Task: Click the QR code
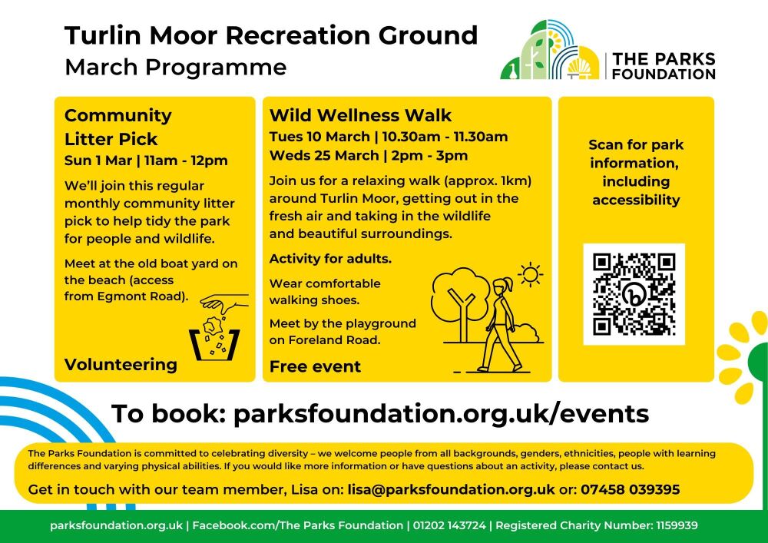(634, 293)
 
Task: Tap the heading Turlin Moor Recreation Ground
(270, 35)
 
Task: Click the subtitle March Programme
(175, 68)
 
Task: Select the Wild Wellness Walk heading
(360, 115)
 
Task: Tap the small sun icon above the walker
(530, 273)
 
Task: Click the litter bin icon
(214, 343)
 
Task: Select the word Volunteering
(121, 364)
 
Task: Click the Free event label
(315, 366)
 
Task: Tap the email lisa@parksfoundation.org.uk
(451, 489)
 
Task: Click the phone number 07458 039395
(630, 489)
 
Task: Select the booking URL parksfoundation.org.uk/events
(441, 414)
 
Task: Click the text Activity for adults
(330, 259)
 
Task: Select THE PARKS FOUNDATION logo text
(664, 67)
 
